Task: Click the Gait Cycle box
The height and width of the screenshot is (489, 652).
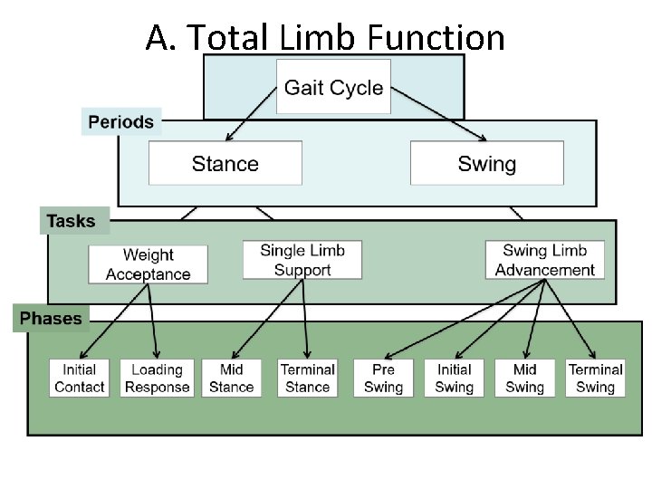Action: (333, 88)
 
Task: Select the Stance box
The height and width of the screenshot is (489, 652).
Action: (225, 164)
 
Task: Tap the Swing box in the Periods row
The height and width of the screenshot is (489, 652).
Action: (486, 164)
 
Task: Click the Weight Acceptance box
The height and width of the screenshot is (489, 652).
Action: (148, 264)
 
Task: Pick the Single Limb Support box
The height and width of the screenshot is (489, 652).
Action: (302, 260)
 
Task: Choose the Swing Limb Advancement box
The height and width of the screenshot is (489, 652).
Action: (544, 260)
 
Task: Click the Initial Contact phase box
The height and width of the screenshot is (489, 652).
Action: (80, 378)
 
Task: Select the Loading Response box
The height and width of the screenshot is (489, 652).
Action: (157, 378)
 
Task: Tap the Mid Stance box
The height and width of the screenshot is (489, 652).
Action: (231, 378)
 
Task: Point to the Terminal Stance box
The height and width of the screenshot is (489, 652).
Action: (308, 378)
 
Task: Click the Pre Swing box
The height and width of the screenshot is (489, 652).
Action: (383, 378)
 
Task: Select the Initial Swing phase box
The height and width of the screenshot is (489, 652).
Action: (454, 378)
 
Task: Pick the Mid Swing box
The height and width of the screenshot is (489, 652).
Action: (524, 378)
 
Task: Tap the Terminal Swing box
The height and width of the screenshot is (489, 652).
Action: (595, 378)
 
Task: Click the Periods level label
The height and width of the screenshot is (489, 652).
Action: (120, 121)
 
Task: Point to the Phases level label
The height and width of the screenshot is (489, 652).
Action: (51, 319)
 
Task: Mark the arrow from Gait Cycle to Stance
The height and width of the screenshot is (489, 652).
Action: (252, 114)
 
